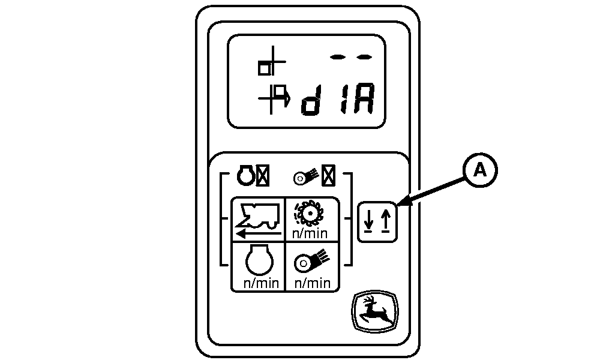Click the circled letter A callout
click(x=480, y=170)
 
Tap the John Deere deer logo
click(x=375, y=311)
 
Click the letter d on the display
click(x=311, y=100)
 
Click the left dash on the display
click(x=337, y=57)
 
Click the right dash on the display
click(x=364, y=57)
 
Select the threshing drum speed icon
click(x=308, y=214)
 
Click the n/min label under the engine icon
click(x=261, y=283)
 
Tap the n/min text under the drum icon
click(x=310, y=233)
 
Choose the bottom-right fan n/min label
click(x=312, y=283)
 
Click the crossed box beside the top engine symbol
click(x=263, y=176)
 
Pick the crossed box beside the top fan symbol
click(x=329, y=176)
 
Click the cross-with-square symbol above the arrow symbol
click(x=271, y=61)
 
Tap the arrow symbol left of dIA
click(x=274, y=99)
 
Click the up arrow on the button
click(x=386, y=221)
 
